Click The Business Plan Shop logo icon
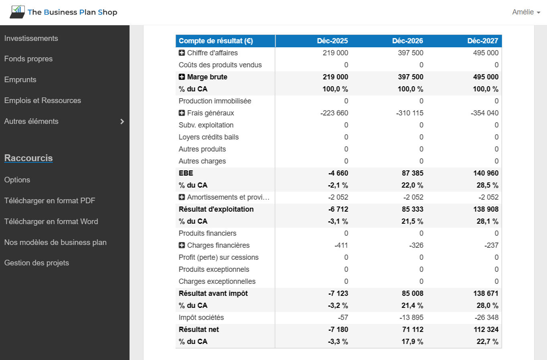coord(17,12)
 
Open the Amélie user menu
coord(526,12)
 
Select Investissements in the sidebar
coord(31,38)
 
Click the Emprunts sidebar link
coord(20,79)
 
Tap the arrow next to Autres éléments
coord(122,121)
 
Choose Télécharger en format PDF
coord(50,200)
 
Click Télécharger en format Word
coord(51,221)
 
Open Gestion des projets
coord(37,263)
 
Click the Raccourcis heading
coord(28,158)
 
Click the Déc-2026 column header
coord(407,41)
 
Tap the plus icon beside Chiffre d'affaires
coord(182,53)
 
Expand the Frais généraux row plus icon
coord(182,113)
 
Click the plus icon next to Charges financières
coord(182,245)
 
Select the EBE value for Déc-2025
coord(338,173)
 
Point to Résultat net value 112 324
coord(486,330)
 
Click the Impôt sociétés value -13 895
coord(411,318)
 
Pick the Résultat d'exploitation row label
coord(216,209)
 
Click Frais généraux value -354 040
coord(484,113)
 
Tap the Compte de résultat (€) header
coord(216,41)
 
